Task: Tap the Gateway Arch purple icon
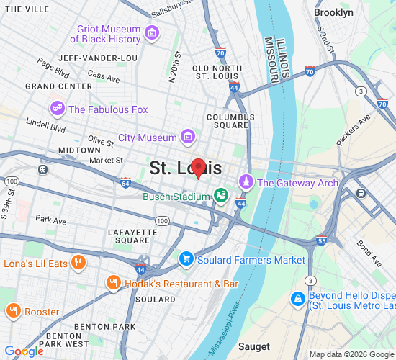point(246,183)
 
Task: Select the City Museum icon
point(187,137)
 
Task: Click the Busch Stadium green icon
point(220,195)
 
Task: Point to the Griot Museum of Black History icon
point(152,33)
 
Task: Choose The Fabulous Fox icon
point(57,109)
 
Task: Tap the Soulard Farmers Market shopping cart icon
point(186,259)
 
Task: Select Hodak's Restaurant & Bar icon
point(112,284)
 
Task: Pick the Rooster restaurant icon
point(12,312)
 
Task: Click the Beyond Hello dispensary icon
point(297,298)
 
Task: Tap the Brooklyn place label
point(333,13)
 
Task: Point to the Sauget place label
point(253,346)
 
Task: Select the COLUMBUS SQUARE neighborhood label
point(230,121)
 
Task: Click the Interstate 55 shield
point(322,241)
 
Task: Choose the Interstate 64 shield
point(126,183)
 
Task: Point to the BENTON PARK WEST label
point(68,340)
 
